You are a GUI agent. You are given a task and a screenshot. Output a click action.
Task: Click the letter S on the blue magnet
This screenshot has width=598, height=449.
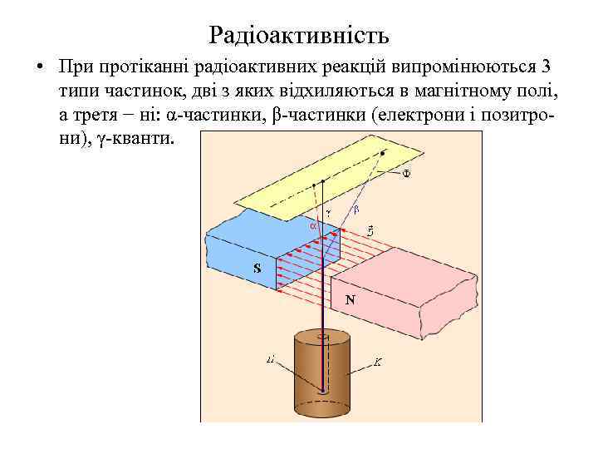point(257,268)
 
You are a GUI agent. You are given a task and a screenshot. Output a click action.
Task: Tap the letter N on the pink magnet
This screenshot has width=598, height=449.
point(350,300)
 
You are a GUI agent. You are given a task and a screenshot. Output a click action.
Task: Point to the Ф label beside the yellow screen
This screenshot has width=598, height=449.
point(407,173)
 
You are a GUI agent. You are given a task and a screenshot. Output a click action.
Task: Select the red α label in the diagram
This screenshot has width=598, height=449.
point(313,225)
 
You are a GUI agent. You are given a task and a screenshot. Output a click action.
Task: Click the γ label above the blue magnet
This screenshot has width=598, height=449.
point(328,212)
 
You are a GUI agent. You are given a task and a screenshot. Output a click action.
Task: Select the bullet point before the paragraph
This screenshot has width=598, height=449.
point(39,66)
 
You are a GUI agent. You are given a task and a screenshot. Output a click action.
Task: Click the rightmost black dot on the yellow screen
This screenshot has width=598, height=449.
point(383,154)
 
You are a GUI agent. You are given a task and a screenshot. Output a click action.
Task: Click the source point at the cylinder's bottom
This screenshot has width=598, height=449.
point(322,390)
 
